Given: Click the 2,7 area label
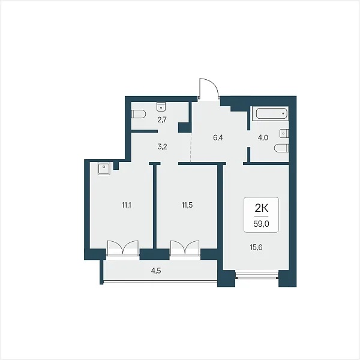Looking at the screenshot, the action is [162, 120].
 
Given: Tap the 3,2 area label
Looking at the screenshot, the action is [163, 147].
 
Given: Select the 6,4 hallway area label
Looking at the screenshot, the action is [218, 138].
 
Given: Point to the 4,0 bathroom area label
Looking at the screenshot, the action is [263, 138].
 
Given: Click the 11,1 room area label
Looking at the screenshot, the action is [126, 205].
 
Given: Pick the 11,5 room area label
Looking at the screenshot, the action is [187, 205].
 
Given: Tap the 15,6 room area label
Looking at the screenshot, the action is [256, 247].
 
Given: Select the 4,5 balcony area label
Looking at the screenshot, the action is [156, 271].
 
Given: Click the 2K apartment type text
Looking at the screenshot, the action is [262, 208].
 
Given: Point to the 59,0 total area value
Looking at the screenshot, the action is [261, 224].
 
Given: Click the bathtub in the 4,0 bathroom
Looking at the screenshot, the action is [270, 113].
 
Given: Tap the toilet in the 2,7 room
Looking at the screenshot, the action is [139, 114].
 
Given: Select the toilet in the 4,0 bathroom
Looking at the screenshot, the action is [281, 148].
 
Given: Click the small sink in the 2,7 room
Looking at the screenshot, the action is [161, 107].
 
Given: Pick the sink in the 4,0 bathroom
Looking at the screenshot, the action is [284, 133].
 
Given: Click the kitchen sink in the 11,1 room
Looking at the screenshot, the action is [104, 169].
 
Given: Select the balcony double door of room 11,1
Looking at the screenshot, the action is [123, 248].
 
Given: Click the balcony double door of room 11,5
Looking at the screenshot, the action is [185, 248].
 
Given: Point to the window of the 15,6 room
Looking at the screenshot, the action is [257, 275].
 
